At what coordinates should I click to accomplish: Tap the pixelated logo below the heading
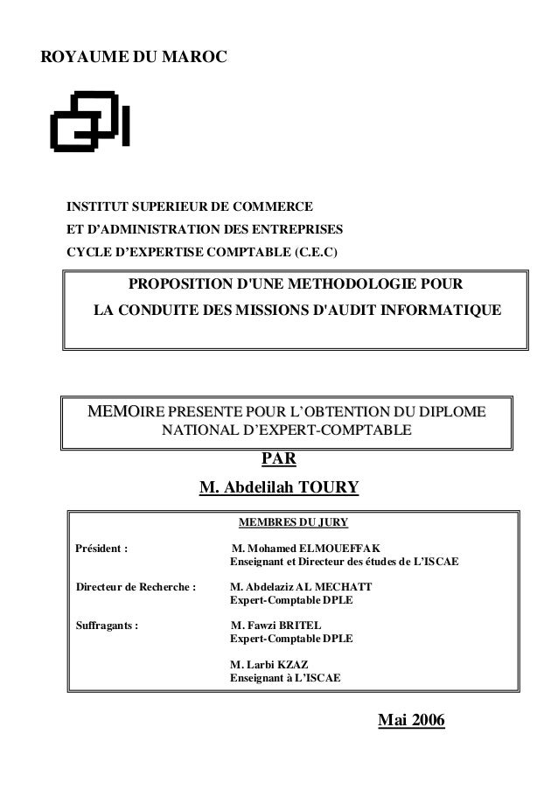[90, 121]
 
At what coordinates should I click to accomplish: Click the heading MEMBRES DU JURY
[293, 523]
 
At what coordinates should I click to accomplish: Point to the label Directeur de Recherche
[136, 586]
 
